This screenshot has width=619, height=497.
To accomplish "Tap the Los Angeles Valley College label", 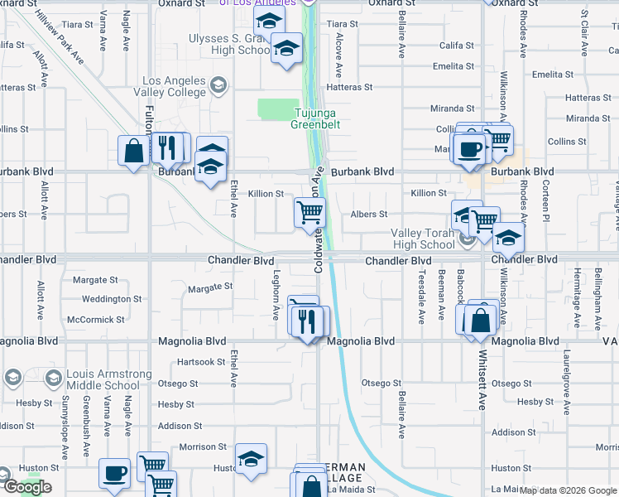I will (174, 86).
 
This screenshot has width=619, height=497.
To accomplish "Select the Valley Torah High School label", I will (423, 239).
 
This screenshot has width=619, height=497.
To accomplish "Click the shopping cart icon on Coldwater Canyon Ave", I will (309, 212).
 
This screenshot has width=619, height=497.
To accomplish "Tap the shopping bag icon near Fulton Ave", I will (134, 151).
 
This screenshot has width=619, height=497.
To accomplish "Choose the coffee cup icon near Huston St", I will (114, 473).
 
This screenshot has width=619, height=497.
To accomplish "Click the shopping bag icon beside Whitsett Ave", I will (480, 319).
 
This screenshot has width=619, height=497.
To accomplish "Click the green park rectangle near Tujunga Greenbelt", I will (273, 109).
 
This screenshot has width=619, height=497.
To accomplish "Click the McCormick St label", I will (96, 319).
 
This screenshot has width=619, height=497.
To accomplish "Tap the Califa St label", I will (457, 46).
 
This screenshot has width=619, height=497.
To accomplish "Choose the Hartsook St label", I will (201, 363).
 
